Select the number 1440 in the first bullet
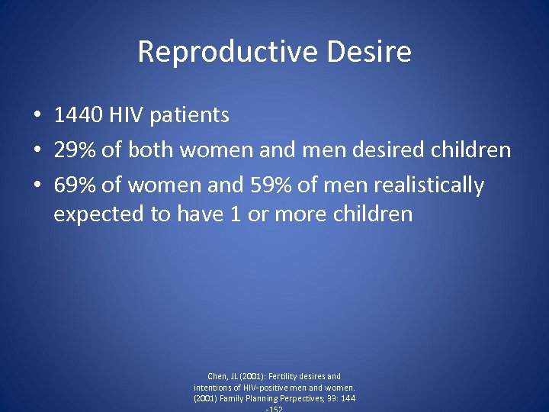tap(79, 115)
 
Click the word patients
tap(189, 115)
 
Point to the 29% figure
tap(75, 150)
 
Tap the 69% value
tap(75, 185)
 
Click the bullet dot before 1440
tap(37, 116)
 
